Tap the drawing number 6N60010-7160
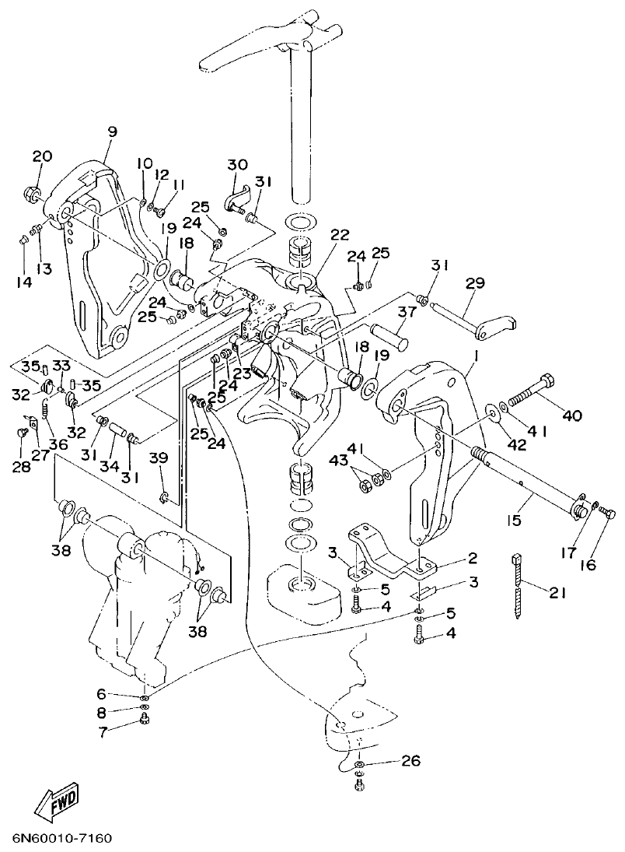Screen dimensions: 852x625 pos(62,840)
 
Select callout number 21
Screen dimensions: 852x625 pos(557,593)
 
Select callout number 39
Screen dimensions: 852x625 pos(159,458)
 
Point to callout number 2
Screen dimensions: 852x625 pos(472,559)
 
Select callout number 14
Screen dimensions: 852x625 pos(24,282)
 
